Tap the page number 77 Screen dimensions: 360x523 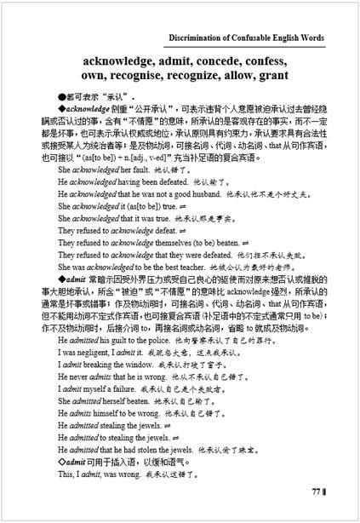(315, 492)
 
